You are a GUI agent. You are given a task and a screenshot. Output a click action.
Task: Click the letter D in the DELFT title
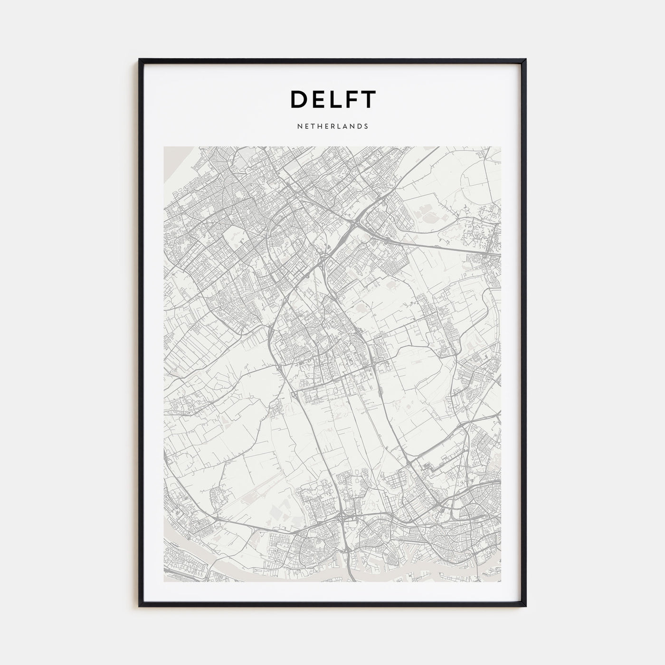[299, 99]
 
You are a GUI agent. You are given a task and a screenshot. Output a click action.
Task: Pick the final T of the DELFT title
[369, 99]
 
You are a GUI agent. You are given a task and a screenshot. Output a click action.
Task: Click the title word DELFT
[333, 99]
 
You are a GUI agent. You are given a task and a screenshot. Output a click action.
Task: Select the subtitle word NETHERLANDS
[332, 127]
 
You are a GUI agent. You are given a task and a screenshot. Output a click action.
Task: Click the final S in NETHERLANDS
[366, 127]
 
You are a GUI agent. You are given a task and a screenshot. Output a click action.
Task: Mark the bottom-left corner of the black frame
[140, 606]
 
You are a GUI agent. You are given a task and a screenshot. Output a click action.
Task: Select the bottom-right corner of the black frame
[525, 606]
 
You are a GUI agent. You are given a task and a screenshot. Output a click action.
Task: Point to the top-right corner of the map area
[500, 147]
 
